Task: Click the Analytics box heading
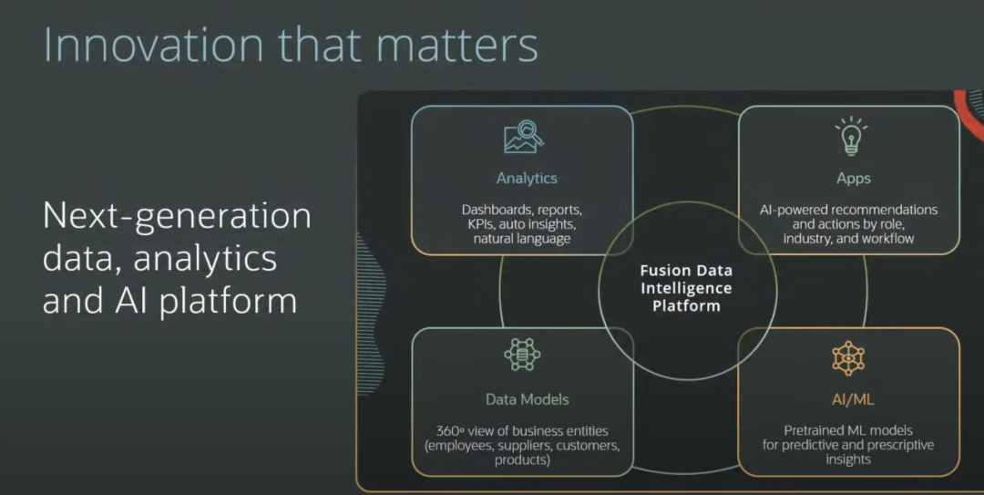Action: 527,179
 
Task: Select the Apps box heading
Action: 853,179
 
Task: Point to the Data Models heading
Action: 527,399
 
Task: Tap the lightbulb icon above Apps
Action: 851,136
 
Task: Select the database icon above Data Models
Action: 522,354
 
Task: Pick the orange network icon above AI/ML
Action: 848,358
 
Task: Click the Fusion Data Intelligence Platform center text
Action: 686,288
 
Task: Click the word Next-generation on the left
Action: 177,216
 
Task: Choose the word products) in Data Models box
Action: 522,459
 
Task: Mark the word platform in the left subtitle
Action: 228,300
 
